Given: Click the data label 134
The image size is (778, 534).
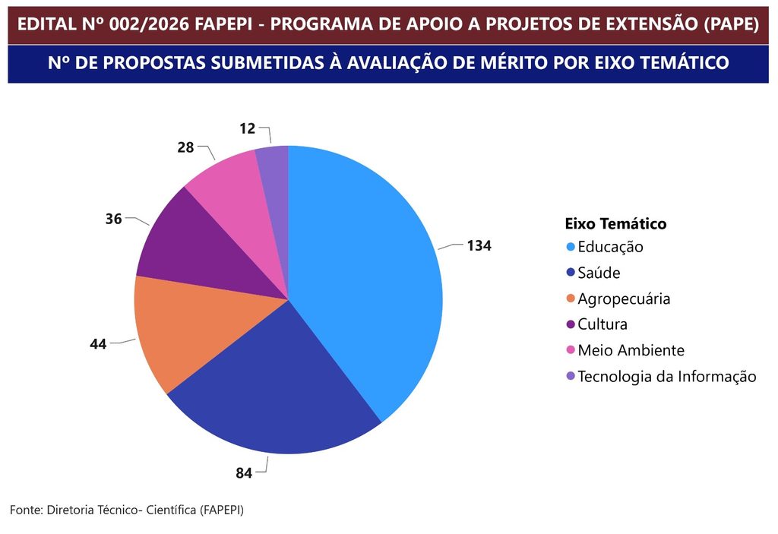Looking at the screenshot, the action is coord(479,245).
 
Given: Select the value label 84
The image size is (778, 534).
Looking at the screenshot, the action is coord(244,473).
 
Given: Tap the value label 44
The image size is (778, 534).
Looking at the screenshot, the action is coord(98,344).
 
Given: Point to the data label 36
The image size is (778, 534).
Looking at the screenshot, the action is coord(114,219).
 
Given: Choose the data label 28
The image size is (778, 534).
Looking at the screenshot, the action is coord(185,147).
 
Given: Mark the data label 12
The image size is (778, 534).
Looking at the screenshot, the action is coord(248,128).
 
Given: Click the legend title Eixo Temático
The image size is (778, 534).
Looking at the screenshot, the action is coord(615,224).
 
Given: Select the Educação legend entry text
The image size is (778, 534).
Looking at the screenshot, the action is coord(610,247).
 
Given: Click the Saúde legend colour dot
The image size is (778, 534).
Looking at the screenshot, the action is coord(571,273).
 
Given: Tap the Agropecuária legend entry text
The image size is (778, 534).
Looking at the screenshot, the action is coord(624,299).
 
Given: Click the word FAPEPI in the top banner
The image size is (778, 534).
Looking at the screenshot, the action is coord(223,24).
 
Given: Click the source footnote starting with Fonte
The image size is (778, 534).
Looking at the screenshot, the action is coord(127,510).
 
